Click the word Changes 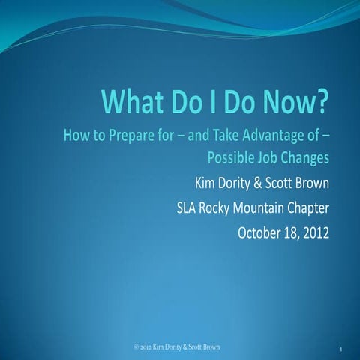[x=307, y=158]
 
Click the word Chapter [x=311, y=206]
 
